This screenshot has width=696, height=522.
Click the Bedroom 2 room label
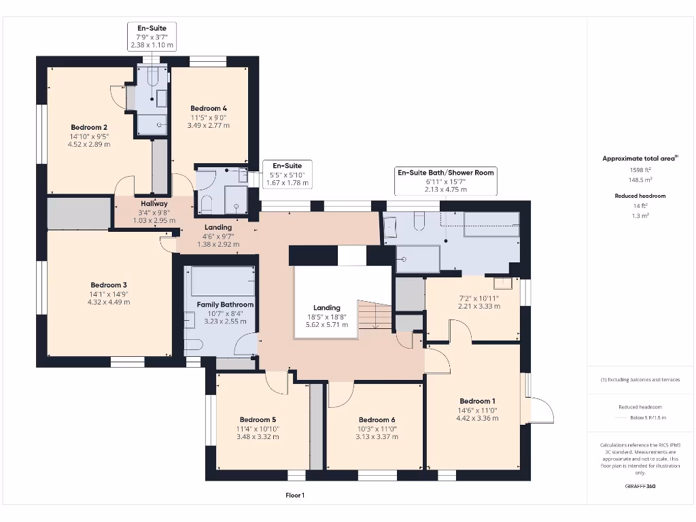89,127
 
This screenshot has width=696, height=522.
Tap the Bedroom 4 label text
209,108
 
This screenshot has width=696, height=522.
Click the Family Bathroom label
225,304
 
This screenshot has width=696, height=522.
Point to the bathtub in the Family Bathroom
222,281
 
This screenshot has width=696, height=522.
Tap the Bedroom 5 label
258,419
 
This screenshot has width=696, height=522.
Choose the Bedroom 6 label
377,419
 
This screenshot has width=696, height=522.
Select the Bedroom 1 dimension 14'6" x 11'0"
477,410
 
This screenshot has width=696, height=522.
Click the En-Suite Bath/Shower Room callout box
446,181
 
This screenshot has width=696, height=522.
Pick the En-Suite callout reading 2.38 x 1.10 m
152,45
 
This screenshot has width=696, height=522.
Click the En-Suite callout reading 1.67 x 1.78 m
287,183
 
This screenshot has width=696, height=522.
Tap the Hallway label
145,203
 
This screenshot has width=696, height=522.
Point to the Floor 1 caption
295,495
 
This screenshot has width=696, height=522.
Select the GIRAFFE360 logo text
640,486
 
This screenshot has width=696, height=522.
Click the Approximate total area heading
639,158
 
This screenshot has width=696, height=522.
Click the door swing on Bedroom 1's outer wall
541,409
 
